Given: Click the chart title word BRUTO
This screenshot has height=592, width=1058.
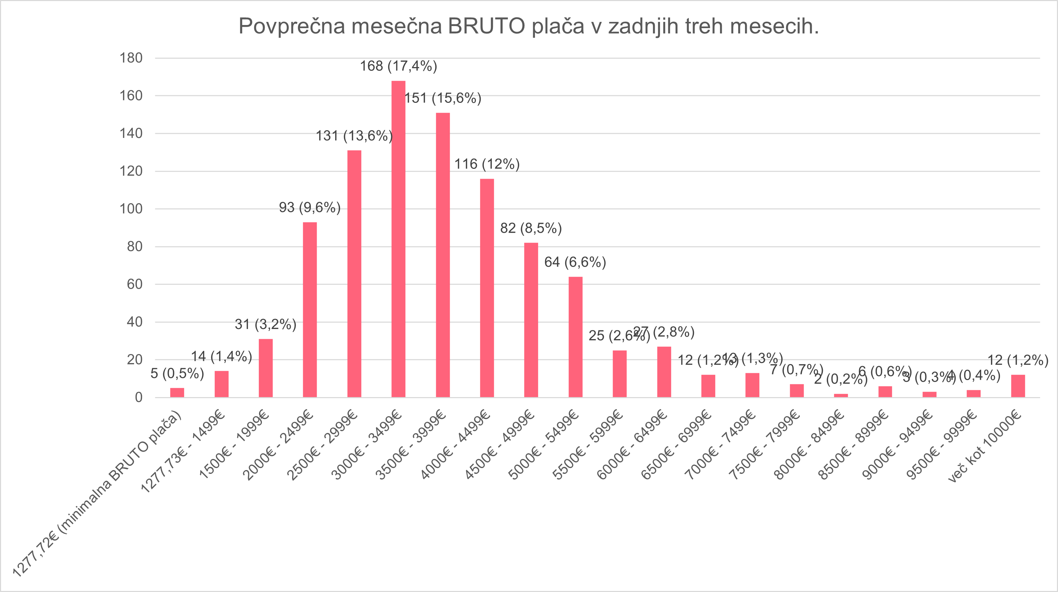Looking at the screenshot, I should click(x=486, y=26).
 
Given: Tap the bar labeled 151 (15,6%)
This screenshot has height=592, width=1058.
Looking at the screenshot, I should click(x=443, y=255).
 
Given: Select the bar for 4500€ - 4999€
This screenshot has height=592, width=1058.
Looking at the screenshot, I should click(x=531, y=320).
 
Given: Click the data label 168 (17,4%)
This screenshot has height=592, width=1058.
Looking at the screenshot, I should click(x=398, y=66).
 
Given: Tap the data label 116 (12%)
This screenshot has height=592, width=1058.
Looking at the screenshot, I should click(x=487, y=164).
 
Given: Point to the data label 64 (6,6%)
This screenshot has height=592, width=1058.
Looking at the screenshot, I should click(x=575, y=262).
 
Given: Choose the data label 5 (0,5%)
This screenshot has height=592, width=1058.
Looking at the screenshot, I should click(x=177, y=374).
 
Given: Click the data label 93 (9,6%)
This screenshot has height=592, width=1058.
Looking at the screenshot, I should click(x=310, y=207).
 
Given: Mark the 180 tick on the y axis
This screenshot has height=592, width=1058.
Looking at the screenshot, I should click(x=131, y=58).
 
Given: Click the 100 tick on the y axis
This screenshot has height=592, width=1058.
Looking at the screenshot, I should click(x=131, y=209).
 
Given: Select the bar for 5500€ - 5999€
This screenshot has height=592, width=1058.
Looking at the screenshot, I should click(x=619, y=373).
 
